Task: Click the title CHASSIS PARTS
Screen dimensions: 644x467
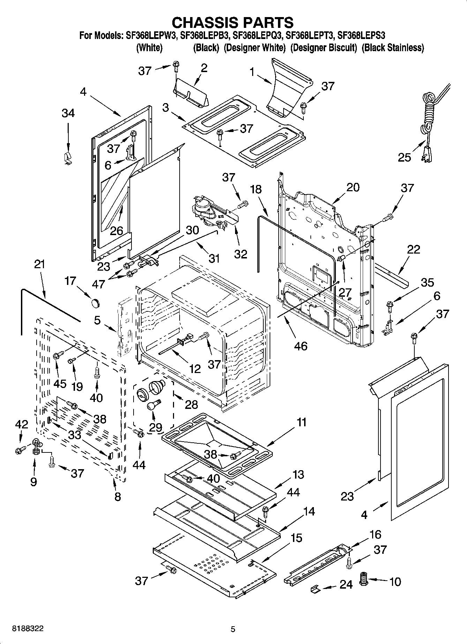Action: pos(233,22)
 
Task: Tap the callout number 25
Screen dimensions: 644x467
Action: pos(405,157)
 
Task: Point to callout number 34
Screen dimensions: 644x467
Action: pos(68,113)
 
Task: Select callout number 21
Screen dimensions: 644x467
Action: pos(39,264)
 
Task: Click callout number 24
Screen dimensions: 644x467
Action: pos(346,584)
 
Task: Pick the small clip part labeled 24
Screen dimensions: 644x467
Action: pos(316,589)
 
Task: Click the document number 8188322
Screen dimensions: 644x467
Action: pos(28,629)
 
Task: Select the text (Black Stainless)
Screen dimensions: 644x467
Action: pos(393,48)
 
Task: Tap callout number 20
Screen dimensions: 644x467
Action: pos(353,187)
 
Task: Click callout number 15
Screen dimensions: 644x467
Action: pos(296,538)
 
